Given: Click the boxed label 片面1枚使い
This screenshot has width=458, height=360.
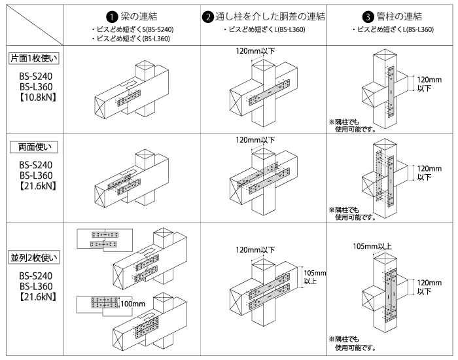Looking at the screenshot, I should pyautogui.click(x=34, y=58).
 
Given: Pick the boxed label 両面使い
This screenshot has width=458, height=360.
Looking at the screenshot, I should pyautogui.click(x=34, y=147).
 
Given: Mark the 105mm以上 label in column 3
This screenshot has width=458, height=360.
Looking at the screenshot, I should pyautogui.click(x=373, y=247).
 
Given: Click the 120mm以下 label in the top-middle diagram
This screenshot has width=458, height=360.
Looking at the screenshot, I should pyautogui.click(x=256, y=50).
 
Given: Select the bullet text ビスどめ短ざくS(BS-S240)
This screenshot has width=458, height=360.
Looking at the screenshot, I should pyautogui.click(x=137, y=30).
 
